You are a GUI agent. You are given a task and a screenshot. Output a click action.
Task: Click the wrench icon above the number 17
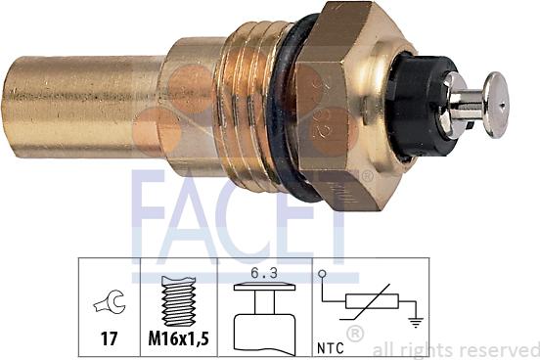108,304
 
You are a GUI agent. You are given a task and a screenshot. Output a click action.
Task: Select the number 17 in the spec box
108,338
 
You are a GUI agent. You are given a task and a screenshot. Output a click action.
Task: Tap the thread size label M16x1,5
178,339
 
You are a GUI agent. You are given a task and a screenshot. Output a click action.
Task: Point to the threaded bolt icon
178,297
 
